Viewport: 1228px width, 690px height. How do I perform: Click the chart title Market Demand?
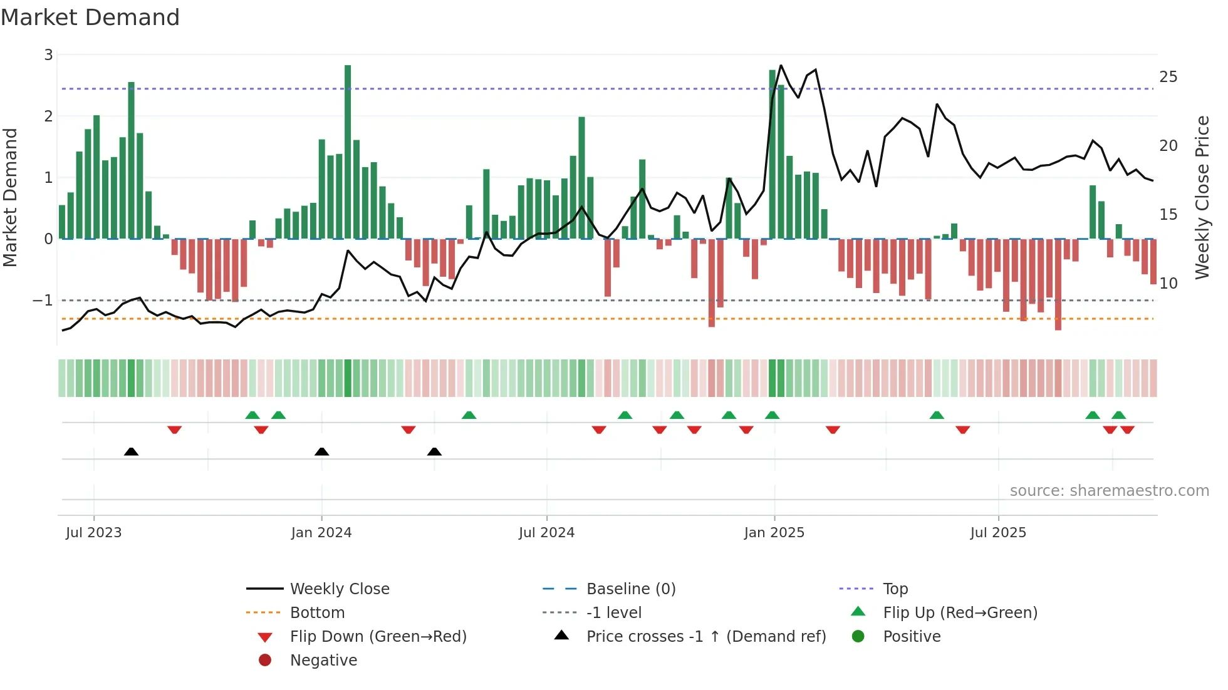pos(90,18)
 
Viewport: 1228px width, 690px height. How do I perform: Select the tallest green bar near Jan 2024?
pos(348,150)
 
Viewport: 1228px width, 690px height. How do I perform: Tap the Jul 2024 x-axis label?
pos(546,533)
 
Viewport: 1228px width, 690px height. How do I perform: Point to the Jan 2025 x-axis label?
pos(774,533)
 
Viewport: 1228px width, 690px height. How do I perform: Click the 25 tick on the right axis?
pos(1168,77)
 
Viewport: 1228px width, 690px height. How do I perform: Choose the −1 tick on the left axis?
pos(43,301)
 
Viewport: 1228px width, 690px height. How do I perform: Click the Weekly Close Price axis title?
pos(1202,197)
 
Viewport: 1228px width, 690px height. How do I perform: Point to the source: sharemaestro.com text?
pos(1109,491)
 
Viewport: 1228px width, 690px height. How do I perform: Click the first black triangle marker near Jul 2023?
pos(131,451)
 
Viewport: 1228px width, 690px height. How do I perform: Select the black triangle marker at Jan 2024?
pos(321,451)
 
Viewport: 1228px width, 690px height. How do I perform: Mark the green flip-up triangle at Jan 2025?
pos(772,415)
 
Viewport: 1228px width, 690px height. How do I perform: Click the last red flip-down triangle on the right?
pos(1128,430)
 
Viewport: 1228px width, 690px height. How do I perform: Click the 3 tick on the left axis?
pos(48,55)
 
